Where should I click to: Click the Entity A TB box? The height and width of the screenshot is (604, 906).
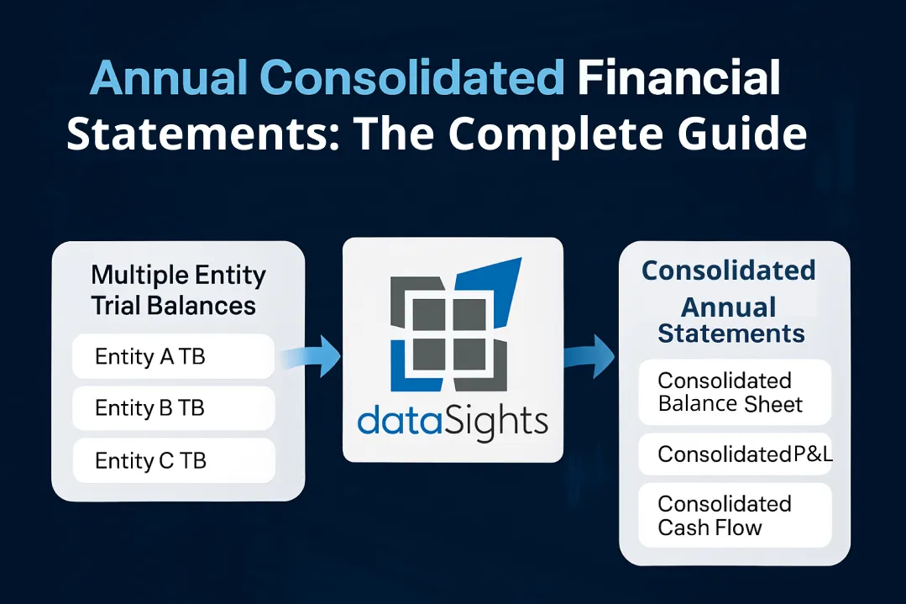(173, 356)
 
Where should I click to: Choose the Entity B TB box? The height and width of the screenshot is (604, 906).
(173, 408)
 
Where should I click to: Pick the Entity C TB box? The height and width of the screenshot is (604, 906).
(173, 460)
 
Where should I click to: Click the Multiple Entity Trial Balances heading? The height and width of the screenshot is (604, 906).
(178, 290)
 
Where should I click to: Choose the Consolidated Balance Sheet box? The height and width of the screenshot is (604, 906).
(734, 392)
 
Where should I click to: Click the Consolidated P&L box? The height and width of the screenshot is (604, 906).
(734, 454)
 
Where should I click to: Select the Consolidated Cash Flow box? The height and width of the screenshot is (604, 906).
(734, 515)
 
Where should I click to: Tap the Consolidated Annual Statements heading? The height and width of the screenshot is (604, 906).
(730, 302)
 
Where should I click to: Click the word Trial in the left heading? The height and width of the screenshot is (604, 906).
(118, 305)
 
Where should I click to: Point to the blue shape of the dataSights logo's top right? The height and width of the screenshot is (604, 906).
(500, 290)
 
